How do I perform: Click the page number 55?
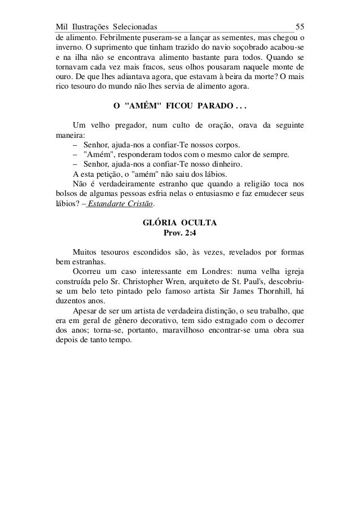coord(300,27)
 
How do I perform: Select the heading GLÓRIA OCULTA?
coord(179,223)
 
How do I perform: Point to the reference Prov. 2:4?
coord(179,233)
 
